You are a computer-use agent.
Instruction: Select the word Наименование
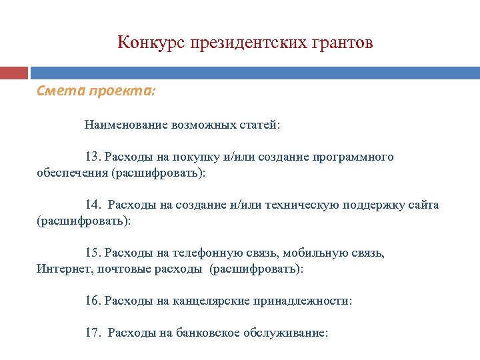[125, 125]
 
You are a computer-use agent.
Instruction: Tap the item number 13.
[92, 157]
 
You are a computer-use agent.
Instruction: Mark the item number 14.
[92, 205]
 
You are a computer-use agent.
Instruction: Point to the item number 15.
[92, 253]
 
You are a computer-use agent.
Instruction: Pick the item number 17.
[92, 333]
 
